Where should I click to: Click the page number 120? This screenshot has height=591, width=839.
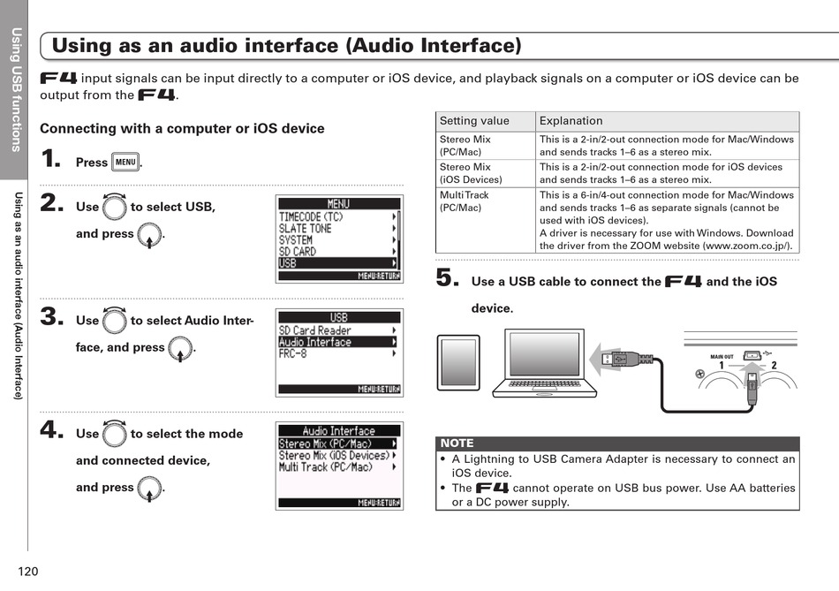pyautogui.click(x=27, y=572)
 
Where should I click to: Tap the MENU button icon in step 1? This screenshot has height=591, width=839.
pyautogui.click(x=125, y=163)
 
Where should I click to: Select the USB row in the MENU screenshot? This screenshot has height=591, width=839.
pyautogui.click(x=336, y=263)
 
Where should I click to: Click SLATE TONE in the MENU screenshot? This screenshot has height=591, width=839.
pyautogui.click(x=336, y=228)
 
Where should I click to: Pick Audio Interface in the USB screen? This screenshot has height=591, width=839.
pyautogui.click(x=336, y=343)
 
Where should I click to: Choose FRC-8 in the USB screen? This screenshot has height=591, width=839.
pyautogui.click(x=336, y=354)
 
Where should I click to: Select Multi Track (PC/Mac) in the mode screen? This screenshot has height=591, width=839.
pyautogui.click(x=336, y=467)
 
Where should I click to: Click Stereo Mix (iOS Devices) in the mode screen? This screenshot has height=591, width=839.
pyautogui.click(x=336, y=456)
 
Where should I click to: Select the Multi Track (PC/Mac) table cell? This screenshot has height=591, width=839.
pyautogui.click(x=484, y=201)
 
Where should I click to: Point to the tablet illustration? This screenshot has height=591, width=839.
pyautogui.click(x=458, y=362)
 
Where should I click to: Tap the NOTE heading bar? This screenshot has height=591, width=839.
pyautogui.click(x=616, y=443)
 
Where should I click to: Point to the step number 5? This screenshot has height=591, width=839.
pyautogui.click(x=447, y=278)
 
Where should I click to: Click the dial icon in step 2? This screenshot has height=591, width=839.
pyautogui.click(x=114, y=208)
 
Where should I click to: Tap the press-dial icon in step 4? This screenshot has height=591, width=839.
pyautogui.click(x=149, y=489)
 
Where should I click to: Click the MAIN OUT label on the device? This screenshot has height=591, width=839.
pyautogui.click(x=722, y=357)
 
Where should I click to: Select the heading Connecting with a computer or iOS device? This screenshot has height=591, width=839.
pyautogui.click(x=182, y=129)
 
